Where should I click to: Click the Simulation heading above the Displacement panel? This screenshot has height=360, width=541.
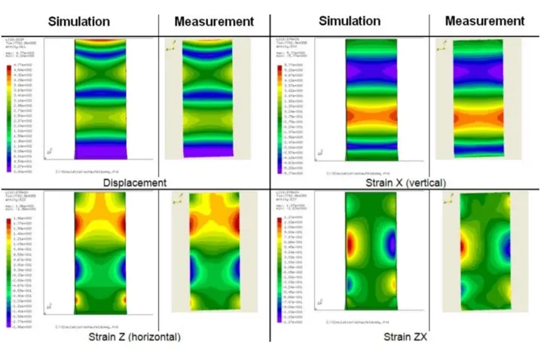coord(79,20)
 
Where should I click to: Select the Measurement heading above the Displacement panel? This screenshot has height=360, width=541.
coord(213,20)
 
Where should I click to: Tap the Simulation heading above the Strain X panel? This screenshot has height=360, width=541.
coord(349,20)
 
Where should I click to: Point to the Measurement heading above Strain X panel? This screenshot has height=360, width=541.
coord(484,20)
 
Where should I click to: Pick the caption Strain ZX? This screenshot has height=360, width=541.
coord(405,337)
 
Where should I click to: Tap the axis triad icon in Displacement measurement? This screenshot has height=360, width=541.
coord(171,47)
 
